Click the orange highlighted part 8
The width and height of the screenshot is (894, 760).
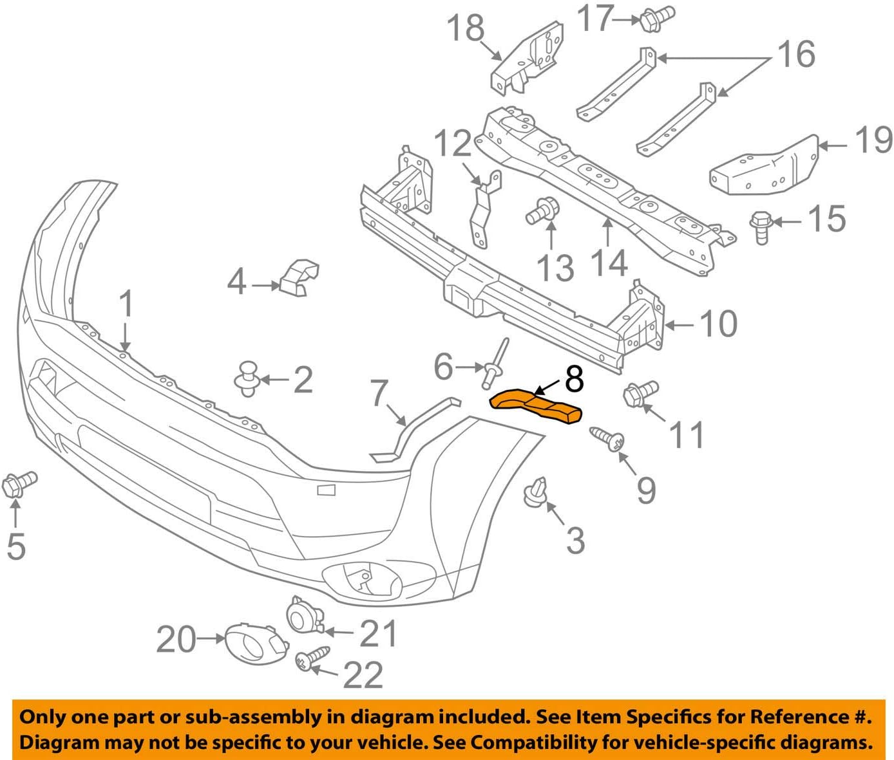click(x=536, y=406)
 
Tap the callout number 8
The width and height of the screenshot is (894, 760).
click(x=574, y=379)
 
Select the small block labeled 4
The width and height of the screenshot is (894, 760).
click(x=299, y=278)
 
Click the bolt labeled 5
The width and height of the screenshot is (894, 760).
click(x=20, y=484)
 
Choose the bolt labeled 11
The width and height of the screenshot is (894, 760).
click(x=640, y=393)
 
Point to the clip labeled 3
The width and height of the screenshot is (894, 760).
click(x=537, y=492)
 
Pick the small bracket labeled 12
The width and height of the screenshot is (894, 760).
click(x=484, y=207)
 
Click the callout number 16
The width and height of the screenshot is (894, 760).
click(x=796, y=53)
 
